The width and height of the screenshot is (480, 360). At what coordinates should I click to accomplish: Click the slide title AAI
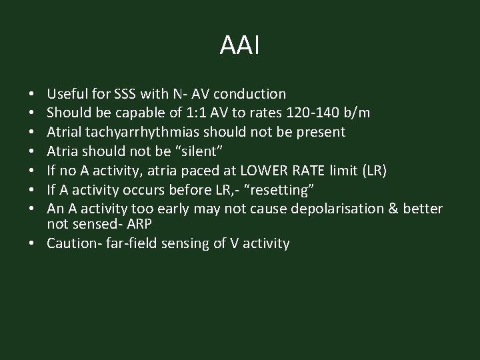point(239,46)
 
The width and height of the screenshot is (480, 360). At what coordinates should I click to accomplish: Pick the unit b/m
point(356,113)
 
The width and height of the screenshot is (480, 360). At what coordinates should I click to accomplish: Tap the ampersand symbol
point(389,209)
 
